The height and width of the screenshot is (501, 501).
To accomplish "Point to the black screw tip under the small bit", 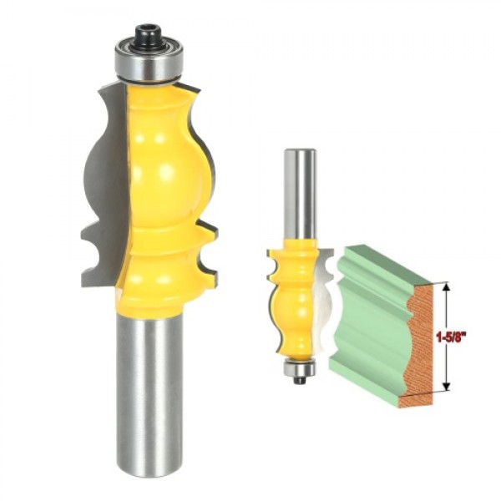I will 298,379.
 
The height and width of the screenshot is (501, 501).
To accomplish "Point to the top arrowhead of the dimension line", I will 446,286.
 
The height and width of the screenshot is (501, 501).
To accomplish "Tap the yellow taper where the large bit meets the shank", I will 150,305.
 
